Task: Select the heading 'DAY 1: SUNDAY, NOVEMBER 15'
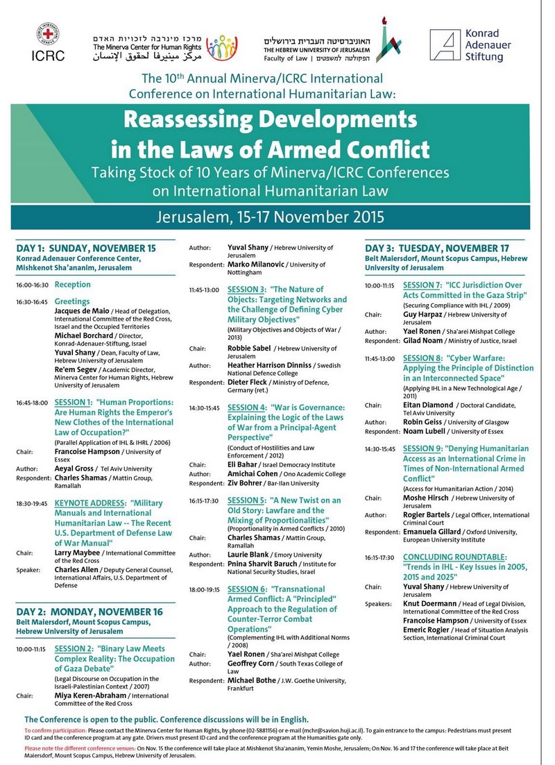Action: coord(86,248)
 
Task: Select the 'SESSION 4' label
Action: coord(247,407)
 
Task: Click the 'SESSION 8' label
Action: coord(422,358)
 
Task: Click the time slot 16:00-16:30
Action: coord(32,285)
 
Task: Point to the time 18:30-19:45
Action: coord(32,502)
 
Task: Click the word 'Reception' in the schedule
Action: coord(73,285)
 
